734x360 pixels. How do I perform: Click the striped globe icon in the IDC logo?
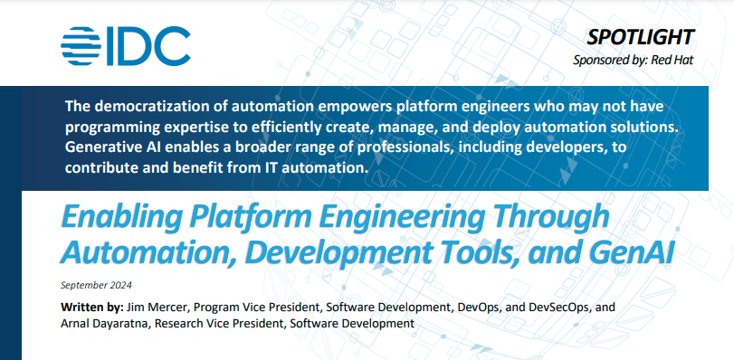[x=81, y=45]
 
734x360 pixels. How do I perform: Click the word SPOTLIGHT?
[x=641, y=37]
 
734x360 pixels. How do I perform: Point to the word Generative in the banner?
[x=100, y=147]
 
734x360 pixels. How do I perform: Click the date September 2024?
[x=96, y=285]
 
